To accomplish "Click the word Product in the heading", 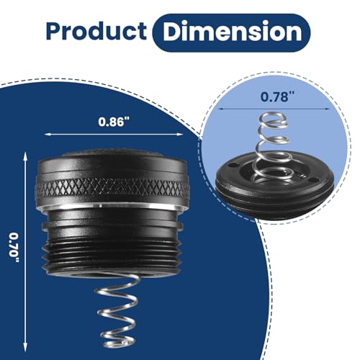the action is tap(96, 31).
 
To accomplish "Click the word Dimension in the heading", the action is tap(233, 32).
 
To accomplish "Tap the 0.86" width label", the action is tap(114, 122).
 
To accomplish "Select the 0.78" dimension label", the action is tap(278, 97).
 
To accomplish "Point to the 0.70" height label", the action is tap(14, 248).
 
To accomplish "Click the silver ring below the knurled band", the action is tap(112, 205).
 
